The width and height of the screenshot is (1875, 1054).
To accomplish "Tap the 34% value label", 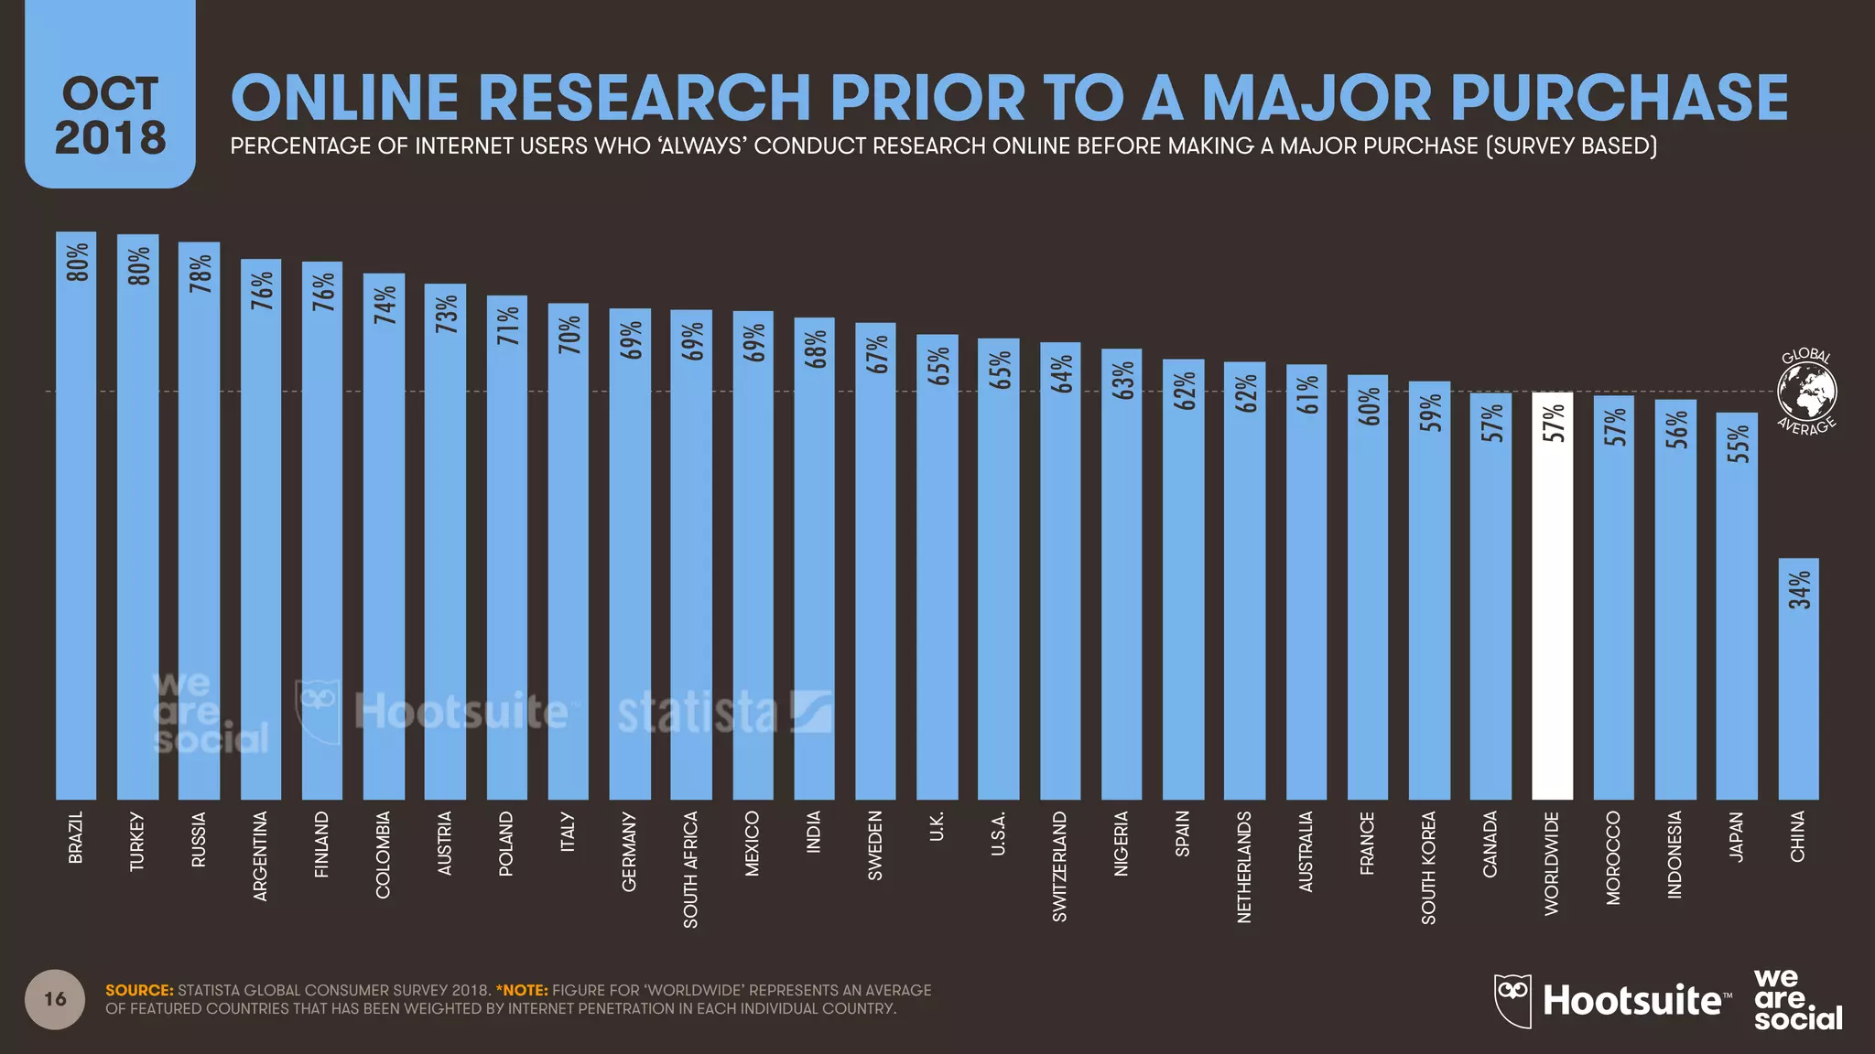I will point(1799,590).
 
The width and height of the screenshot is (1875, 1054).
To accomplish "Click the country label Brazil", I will point(76,836).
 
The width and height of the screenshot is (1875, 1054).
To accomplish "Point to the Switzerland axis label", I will point(1059,866).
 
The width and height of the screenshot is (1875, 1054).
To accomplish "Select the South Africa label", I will point(691,869).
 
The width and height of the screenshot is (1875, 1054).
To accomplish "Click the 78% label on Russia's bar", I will point(200,274).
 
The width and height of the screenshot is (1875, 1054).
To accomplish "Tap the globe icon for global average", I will point(1806,392).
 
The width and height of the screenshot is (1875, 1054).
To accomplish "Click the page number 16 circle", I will point(55,999).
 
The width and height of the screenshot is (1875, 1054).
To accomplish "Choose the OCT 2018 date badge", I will point(110,114).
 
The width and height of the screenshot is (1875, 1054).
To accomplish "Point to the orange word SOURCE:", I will point(139,990).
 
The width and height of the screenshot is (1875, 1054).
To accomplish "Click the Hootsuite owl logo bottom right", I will point(1513,1000).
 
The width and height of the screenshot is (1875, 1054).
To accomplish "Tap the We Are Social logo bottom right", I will point(1797,1000).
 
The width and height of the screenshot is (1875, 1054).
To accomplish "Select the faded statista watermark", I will point(723,714).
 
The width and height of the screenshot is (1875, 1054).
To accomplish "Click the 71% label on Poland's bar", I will point(507,326).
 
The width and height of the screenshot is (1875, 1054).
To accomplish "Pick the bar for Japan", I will point(1736,622).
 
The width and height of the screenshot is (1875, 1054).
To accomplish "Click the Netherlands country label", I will point(1243,866).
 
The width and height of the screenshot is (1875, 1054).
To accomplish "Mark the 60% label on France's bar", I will point(1368,406).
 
